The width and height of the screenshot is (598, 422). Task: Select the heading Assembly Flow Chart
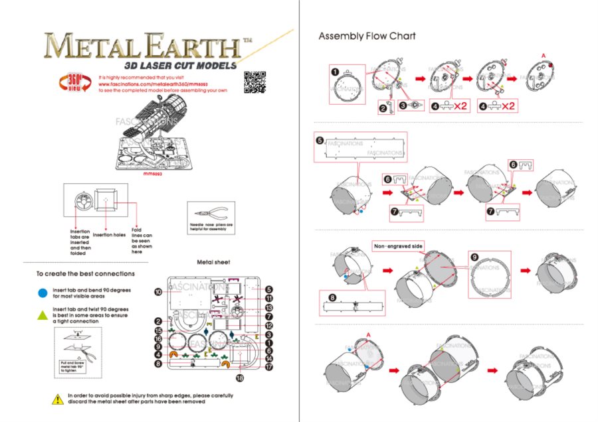click(367, 36)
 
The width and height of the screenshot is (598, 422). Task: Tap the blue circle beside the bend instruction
click(43, 291)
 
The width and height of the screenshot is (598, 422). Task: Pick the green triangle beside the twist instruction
click(43, 313)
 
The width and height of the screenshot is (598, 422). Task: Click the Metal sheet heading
click(214, 262)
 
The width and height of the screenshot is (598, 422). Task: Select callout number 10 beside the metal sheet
click(158, 292)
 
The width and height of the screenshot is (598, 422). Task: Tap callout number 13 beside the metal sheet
click(269, 308)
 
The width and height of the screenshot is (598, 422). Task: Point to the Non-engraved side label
click(398, 246)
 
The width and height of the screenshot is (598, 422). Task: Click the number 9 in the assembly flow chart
click(474, 256)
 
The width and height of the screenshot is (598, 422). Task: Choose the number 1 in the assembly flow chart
click(336, 72)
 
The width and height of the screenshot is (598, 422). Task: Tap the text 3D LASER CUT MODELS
click(179, 66)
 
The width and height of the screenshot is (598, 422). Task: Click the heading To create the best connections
click(86, 273)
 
